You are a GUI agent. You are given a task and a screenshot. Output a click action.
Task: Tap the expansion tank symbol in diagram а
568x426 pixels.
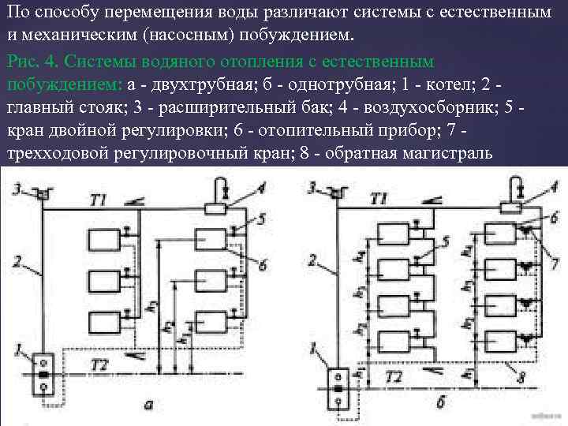coord(43,192)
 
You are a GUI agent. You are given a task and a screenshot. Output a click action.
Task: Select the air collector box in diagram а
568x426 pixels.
coord(215,208)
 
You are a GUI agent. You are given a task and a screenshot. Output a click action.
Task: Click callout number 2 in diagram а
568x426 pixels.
coord(15,260)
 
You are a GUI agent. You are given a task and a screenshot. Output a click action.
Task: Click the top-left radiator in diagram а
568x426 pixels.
coord(103,240)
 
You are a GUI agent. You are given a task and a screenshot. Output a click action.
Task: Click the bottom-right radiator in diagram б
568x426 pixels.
coord(500,342)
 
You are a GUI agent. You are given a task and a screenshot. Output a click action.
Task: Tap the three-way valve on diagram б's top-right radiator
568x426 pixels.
coord(524,230)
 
